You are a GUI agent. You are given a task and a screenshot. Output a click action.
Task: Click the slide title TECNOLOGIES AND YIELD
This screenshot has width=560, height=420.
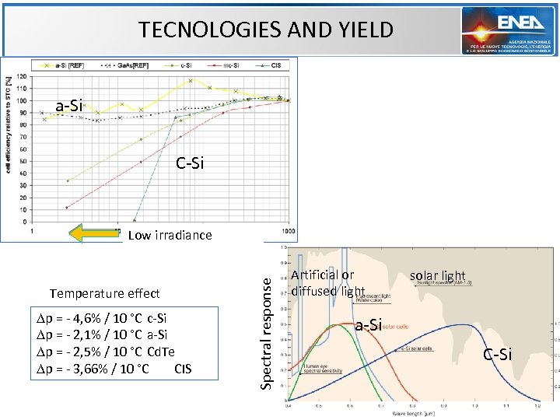266,30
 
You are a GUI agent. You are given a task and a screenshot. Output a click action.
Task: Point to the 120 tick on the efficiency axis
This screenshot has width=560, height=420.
19,76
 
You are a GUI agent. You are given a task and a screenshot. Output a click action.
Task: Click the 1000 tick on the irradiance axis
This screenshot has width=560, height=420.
288,231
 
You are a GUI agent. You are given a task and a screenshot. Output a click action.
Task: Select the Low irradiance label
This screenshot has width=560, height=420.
170,235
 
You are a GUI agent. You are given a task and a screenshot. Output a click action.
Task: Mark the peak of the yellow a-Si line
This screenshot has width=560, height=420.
191,80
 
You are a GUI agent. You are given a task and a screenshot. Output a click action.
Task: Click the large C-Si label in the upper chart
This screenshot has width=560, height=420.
190,163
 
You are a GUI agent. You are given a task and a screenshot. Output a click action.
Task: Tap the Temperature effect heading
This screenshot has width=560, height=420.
104,293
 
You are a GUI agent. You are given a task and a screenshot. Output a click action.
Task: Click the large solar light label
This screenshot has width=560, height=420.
437,275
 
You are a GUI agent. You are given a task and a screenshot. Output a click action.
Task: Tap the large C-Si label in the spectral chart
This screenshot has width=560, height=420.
497,355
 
